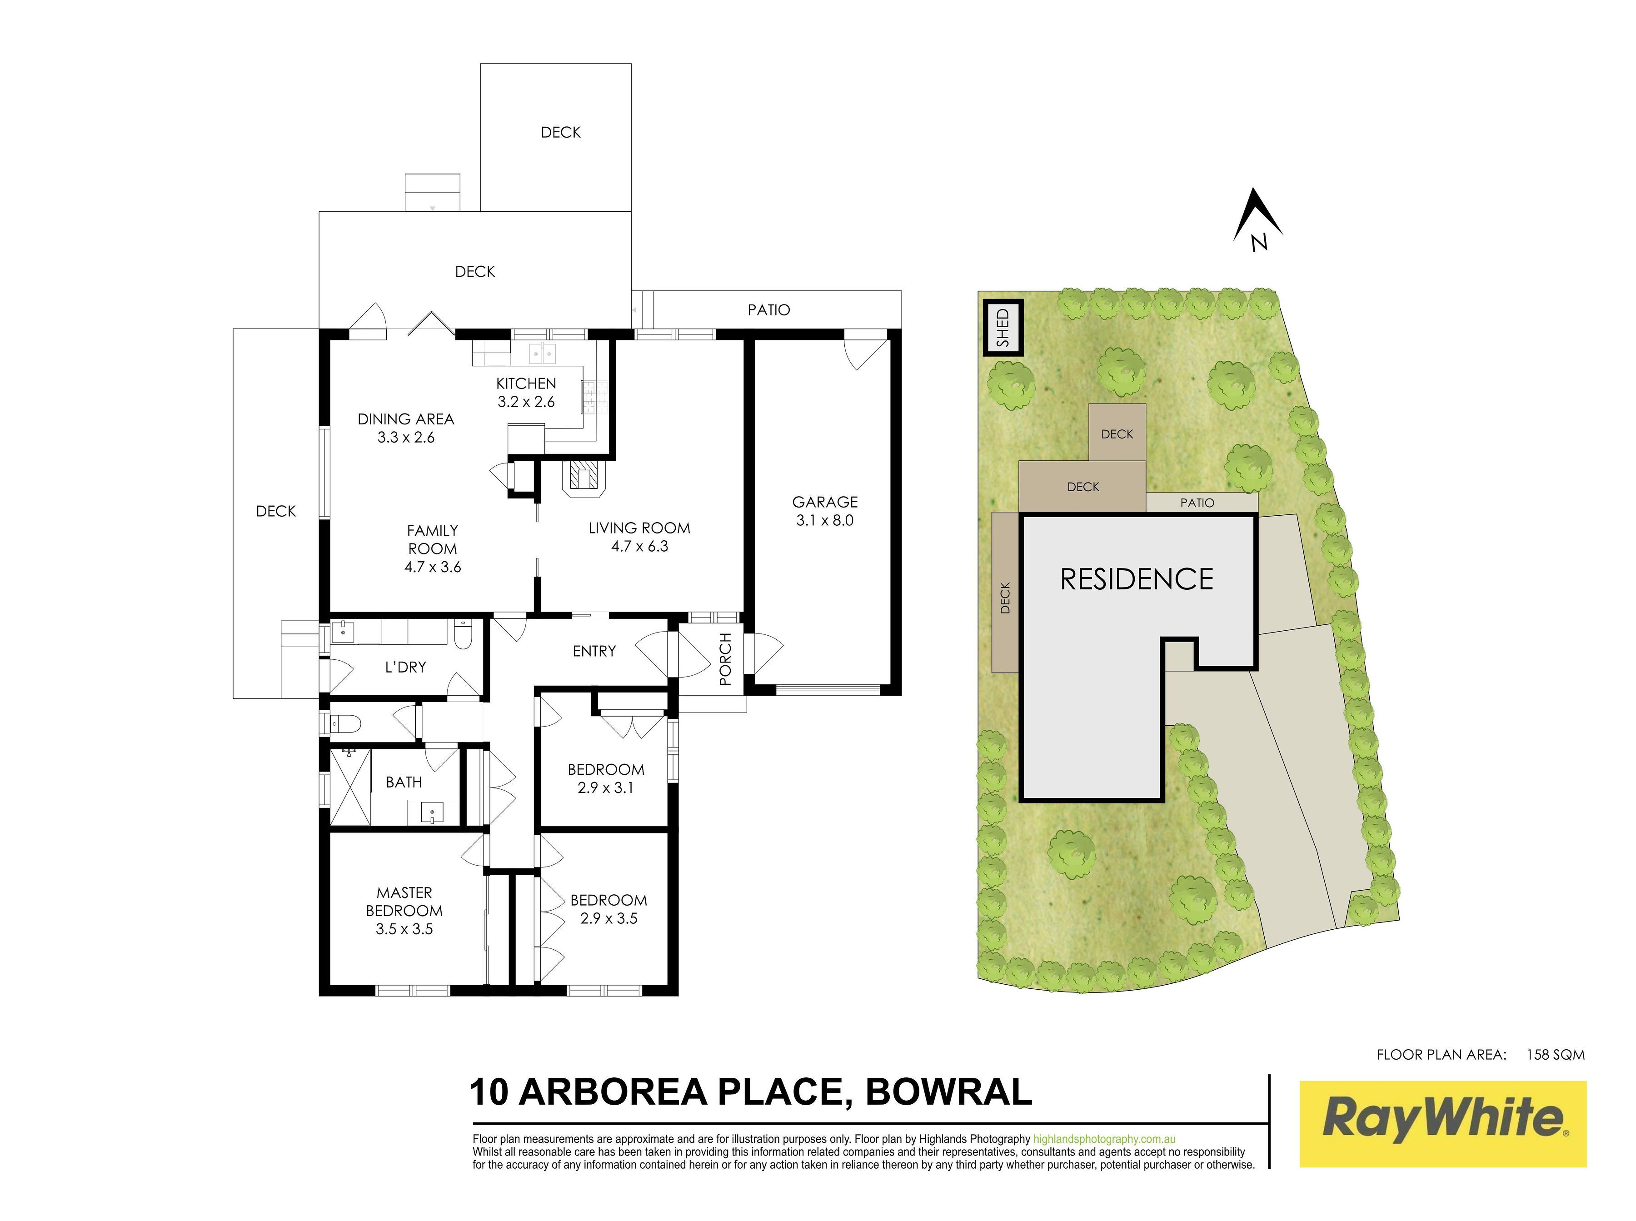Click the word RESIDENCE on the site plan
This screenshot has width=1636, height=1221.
[x=1136, y=579]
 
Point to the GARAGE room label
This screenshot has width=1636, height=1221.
[x=825, y=502]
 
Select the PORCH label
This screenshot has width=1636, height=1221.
[x=725, y=658]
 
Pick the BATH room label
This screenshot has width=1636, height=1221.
[x=404, y=782]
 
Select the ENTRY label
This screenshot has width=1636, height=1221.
[x=594, y=651]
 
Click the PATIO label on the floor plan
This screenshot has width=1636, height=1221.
[x=769, y=310]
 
